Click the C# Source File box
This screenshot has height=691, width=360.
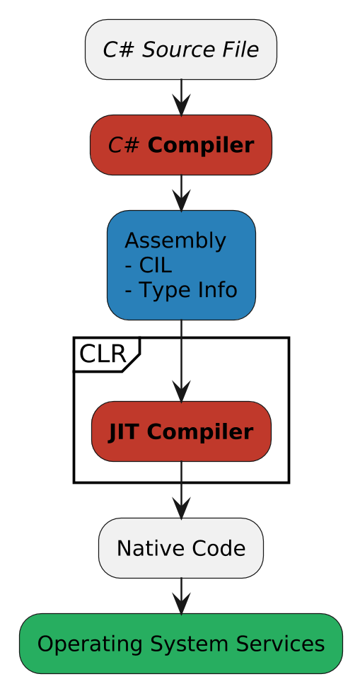(181, 50)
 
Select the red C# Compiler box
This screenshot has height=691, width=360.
(181, 145)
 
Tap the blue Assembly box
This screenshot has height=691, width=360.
(181, 265)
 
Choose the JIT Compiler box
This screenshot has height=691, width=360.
(181, 431)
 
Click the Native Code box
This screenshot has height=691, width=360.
(181, 548)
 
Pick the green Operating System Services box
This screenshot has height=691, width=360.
(181, 644)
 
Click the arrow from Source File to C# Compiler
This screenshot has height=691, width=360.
(182, 98)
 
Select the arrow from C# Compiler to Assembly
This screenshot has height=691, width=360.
(182, 193)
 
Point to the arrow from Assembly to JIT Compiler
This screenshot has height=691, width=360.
(182, 361)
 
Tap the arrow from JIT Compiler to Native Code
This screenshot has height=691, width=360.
(182, 489)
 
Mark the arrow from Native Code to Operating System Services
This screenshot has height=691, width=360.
(182, 596)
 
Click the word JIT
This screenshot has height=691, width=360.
(124, 432)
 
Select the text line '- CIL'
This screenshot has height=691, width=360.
(148, 265)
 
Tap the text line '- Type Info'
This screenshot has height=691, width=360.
(180, 290)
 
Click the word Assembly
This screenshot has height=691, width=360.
(175, 241)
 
